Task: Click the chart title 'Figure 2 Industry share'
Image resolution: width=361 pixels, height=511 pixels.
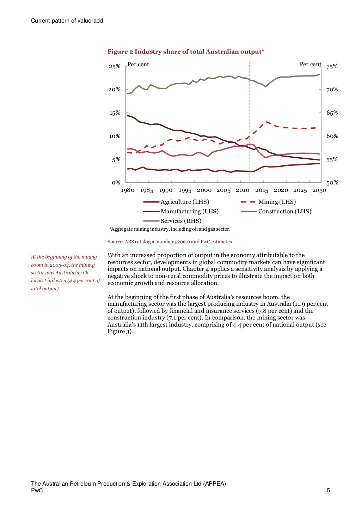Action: point(185,52)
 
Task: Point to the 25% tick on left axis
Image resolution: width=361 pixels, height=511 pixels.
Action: point(115,66)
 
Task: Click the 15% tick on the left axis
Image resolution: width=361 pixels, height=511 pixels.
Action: point(115,113)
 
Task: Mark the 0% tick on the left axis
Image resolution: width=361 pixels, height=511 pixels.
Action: point(116,182)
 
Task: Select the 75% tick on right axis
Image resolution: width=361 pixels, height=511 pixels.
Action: point(332,66)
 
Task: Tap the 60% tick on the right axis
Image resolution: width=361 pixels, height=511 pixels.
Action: point(332,136)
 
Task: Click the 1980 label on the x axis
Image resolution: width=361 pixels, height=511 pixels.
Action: point(128,190)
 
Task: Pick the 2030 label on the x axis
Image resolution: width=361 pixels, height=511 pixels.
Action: point(319,190)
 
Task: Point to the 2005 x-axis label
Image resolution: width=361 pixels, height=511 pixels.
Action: point(223,190)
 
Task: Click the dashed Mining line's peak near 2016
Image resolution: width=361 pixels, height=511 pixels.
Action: point(267,122)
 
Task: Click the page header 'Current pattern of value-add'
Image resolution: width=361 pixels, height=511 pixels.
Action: point(67,21)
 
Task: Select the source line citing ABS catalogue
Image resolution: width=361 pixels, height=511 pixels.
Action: point(170,242)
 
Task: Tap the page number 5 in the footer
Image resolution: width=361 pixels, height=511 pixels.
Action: point(328,490)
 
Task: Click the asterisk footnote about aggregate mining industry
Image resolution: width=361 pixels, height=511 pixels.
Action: point(170,229)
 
